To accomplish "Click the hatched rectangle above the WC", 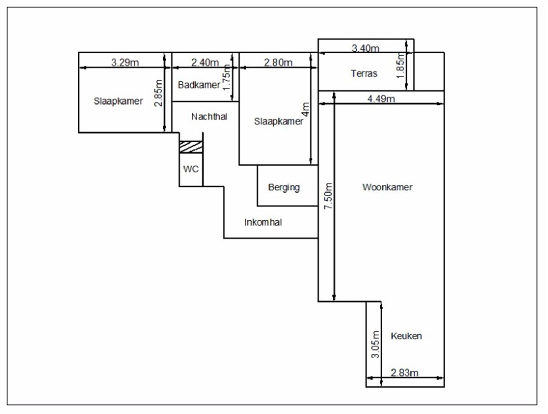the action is tap(191, 147).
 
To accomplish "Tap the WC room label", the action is tap(191, 169).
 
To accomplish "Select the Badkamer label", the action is tap(199, 85).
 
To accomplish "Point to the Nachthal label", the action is tap(209, 116).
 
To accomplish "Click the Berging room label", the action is tap(284, 187).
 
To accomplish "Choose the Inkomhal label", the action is tap(263, 222).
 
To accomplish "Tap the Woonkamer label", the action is tap(387, 187).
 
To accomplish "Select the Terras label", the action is tap(364, 73).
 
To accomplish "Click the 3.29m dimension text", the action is tap(125, 62).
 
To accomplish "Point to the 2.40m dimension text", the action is tap(205, 62).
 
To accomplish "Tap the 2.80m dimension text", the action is tap(278, 62).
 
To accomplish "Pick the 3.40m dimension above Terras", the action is tap(366, 48).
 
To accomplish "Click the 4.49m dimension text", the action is tap(381, 99).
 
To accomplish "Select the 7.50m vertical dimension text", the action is tap(328, 196).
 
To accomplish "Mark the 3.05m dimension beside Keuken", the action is tap(375, 344).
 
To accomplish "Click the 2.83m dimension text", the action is tap(405, 373).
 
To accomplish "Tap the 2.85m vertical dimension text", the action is tap(158, 93).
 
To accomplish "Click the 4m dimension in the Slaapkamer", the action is tap(305, 109).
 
